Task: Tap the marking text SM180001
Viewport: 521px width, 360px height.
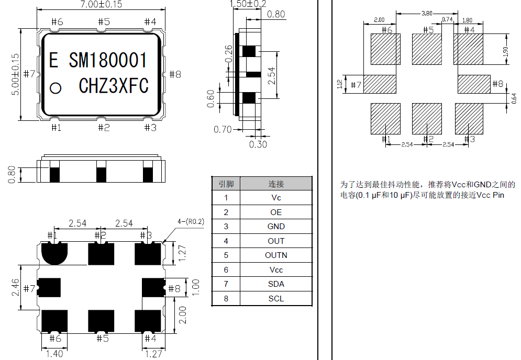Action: (108, 61)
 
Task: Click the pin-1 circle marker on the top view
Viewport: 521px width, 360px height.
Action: (55, 88)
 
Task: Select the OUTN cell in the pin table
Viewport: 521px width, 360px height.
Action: (276, 255)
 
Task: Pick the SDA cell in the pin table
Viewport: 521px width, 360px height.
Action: (276, 284)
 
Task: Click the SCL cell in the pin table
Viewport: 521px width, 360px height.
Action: (276, 298)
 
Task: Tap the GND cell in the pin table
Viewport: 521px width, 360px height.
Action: (276, 227)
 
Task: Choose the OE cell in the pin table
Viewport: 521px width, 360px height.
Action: (276, 212)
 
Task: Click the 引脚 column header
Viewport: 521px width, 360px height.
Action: (226, 184)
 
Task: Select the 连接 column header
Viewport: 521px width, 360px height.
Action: (276, 184)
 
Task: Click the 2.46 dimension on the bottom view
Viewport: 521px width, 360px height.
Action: (16, 288)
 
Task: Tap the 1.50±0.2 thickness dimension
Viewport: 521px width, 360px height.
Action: (248, 4)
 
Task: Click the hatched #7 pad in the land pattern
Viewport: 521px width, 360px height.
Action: (380, 84)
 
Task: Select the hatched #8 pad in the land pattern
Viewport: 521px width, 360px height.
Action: (474, 84)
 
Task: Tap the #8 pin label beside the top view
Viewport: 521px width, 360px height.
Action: (175, 74)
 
